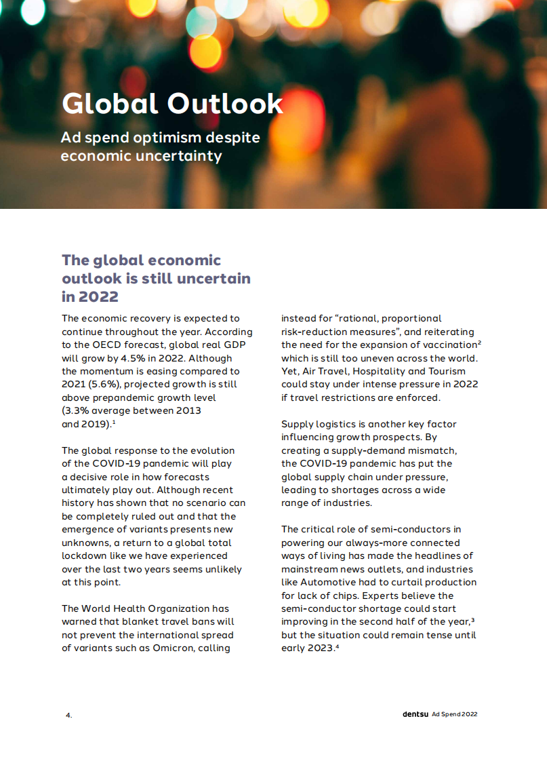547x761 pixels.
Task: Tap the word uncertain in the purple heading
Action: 216,278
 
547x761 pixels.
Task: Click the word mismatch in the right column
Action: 429,450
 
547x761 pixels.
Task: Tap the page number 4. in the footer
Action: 68,715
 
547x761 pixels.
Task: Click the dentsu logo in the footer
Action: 415,714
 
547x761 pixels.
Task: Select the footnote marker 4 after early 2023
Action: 337,646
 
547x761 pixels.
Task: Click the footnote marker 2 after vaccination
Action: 479,343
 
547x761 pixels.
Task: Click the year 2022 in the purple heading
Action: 99,296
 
